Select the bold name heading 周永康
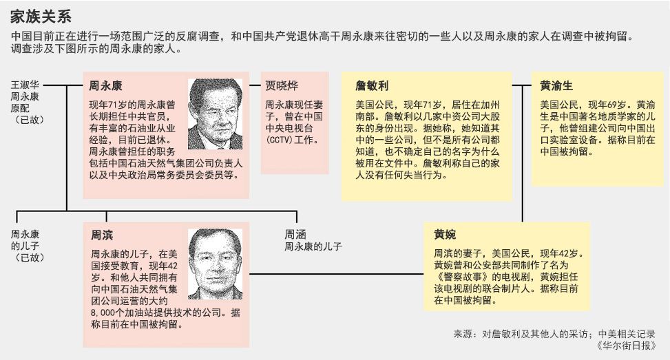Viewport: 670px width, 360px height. (x=105, y=87)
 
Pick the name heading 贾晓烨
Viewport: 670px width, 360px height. (x=283, y=87)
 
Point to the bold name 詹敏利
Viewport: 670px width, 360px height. (x=372, y=87)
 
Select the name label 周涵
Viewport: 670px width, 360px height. (x=295, y=234)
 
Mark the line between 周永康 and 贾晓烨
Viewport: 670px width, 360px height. (x=255, y=86)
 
